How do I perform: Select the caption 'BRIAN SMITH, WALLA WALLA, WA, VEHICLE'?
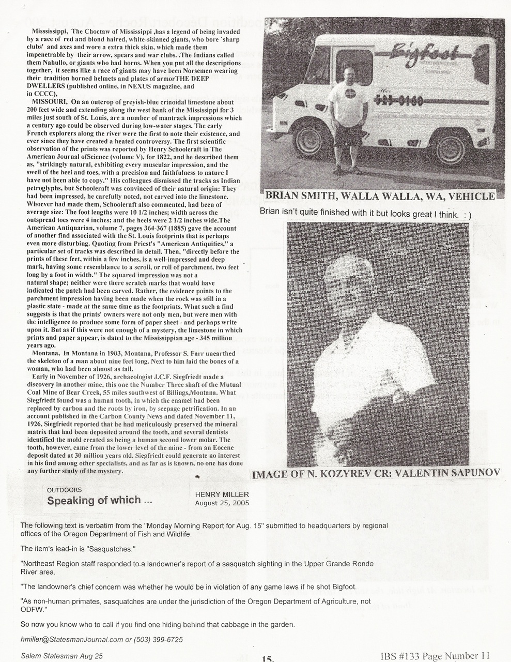(x=380, y=196)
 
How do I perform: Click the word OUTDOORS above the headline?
(x=64, y=489)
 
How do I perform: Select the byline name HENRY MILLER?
(x=222, y=494)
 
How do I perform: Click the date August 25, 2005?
(x=222, y=503)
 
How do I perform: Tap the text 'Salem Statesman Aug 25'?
(x=62, y=656)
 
